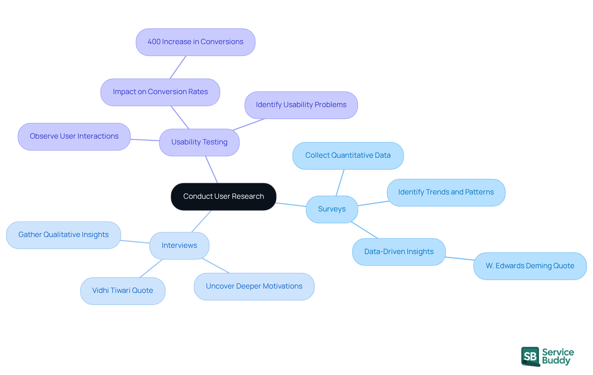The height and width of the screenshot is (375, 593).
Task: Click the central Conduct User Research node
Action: (223, 197)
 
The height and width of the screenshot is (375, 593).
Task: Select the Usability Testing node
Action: (199, 142)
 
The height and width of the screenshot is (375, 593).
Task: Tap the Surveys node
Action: (332, 209)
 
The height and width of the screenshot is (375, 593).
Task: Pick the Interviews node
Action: (179, 246)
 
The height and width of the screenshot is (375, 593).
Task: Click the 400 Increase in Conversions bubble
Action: (195, 42)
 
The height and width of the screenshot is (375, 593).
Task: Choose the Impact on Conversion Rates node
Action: (160, 92)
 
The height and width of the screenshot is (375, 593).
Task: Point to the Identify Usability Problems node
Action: (301, 105)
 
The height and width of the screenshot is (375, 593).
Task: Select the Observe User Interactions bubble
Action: (74, 136)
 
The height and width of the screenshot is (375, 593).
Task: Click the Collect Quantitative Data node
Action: (348, 156)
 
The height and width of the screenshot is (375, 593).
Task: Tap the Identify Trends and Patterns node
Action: (446, 192)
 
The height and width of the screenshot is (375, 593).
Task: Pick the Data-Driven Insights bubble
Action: (399, 252)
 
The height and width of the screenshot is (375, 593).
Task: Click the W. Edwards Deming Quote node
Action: (530, 266)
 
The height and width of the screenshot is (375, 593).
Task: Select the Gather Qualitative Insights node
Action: (63, 235)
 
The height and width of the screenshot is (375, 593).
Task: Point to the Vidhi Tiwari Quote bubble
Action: (123, 291)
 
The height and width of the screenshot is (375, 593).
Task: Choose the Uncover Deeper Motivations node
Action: (254, 286)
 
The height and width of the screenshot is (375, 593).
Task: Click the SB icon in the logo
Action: (530, 356)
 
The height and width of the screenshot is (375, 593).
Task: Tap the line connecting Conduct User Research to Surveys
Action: (291, 205)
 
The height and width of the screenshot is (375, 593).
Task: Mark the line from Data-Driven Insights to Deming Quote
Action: (460, 258)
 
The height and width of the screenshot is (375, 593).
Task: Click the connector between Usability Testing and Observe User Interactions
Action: (145, 140)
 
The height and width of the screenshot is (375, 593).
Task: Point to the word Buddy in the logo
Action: (556, 361)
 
